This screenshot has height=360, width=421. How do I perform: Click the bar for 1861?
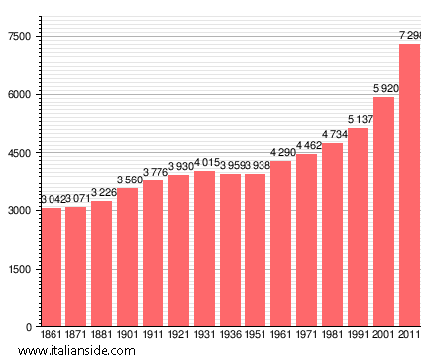(x=51, y=267)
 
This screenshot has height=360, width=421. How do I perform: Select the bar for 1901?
(x=128, y=257)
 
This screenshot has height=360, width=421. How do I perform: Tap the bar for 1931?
(x=204, y=248)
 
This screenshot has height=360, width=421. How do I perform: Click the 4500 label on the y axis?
(x=20, y=153)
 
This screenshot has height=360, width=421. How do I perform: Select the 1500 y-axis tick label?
(x=20, y=269)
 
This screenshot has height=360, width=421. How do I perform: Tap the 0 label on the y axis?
(x=29, y=327)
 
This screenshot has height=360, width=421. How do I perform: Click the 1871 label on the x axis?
(x=76, y=336)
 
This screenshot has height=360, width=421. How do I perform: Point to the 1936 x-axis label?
(x=230, y=336)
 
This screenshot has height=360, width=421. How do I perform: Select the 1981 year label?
(x=332, y=336)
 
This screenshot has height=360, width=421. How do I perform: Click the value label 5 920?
(x=384, y=89)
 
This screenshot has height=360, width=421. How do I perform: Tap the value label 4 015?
(x=205, y=163)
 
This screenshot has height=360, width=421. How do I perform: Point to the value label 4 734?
(x=333, y=135)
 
